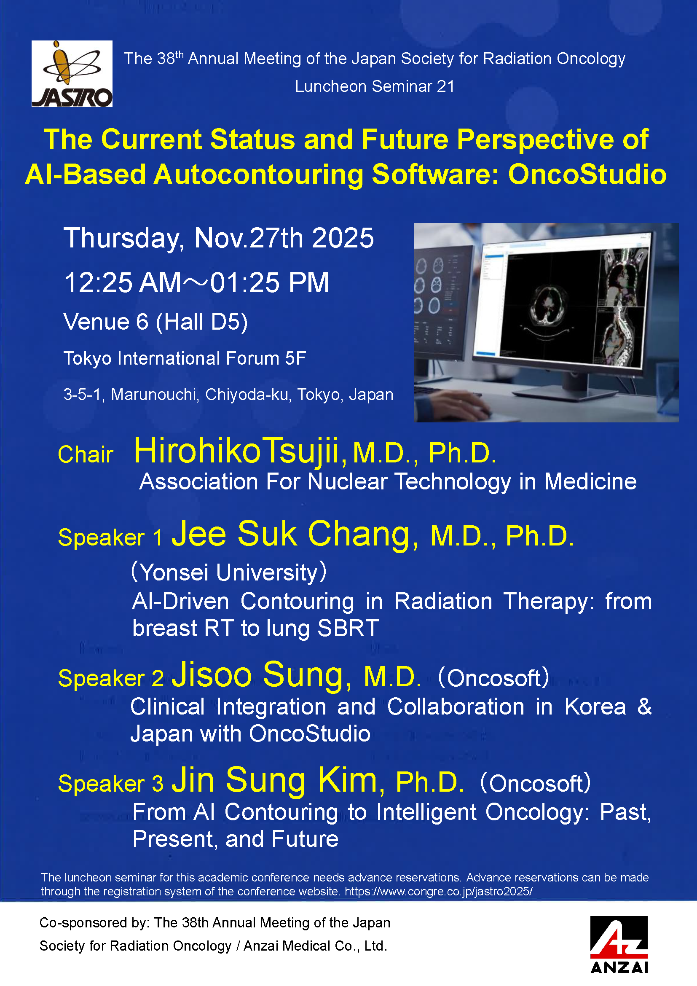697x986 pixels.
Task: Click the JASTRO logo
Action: tap(72, 73)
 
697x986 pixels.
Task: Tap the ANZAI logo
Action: tap(619, 945)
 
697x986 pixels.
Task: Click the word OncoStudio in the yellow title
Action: tap(587, 175)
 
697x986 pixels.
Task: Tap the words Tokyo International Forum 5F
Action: tap(185, 359)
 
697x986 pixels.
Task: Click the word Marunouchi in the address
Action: tap(155, 394)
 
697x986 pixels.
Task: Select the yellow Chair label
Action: tap(86, 454)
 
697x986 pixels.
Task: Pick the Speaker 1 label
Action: tap(110, 537)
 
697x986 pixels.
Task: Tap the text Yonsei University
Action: tap(229, 572)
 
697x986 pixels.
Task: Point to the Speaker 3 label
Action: tap(111, 783)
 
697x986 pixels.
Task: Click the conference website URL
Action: tap(439, 891)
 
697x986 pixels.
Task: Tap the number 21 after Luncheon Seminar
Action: tap(445, 86)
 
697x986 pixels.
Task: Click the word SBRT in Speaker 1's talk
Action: tap(348, 628)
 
